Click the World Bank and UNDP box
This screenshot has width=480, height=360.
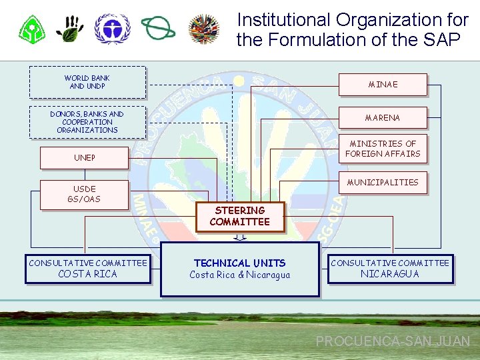pos(87,82)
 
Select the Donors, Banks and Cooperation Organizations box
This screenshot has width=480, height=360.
pos(87,122)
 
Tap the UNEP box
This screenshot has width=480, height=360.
pos(84,158)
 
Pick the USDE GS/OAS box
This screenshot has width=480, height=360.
pos(84,195)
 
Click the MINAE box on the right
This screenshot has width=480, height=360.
pos(383,85)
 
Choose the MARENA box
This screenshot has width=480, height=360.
pos(383,118)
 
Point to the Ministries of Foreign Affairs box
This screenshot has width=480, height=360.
pos(383,149)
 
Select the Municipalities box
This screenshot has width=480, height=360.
pos(383,183)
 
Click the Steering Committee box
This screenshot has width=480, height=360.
pos(239,217)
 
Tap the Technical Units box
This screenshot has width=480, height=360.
pos(239,269)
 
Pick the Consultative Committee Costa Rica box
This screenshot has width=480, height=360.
pos(87,269)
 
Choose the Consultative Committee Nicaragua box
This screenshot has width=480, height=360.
pos(390,269)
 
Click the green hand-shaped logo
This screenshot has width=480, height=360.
pos(70,29)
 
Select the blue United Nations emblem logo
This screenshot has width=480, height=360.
pos(112,29)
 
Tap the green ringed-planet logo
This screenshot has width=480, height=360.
pos(157,29)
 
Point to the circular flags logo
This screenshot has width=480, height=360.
pos(204,29)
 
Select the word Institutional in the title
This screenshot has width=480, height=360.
pos(283,20)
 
